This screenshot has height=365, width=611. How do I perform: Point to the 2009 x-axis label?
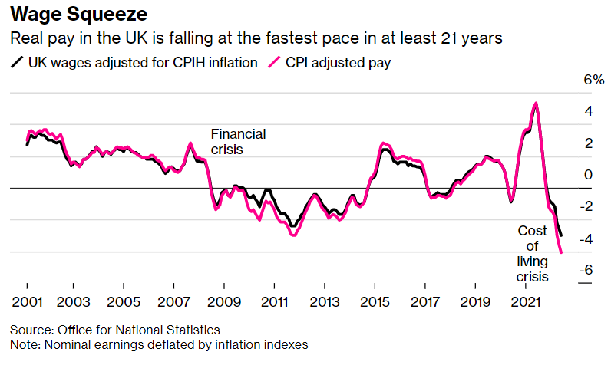click(226, 300)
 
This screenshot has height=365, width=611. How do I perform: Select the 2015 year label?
click(376, 300)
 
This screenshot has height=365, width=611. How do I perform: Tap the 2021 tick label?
click(527, 300)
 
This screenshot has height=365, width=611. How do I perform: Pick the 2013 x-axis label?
click(326, 300)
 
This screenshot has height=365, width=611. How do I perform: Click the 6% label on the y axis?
click(573, 81)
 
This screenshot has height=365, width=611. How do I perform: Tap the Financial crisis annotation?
click(238, 142)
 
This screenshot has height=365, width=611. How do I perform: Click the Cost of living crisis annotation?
click(533, 254)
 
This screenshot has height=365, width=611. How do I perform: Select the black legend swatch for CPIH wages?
click(17, 63)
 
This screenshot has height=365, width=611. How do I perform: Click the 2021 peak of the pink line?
click(535, 103)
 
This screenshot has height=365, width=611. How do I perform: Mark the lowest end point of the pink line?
click(562, 252)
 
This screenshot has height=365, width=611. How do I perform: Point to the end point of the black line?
click(561, 235)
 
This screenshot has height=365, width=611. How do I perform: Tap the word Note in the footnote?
click(23, 344)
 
